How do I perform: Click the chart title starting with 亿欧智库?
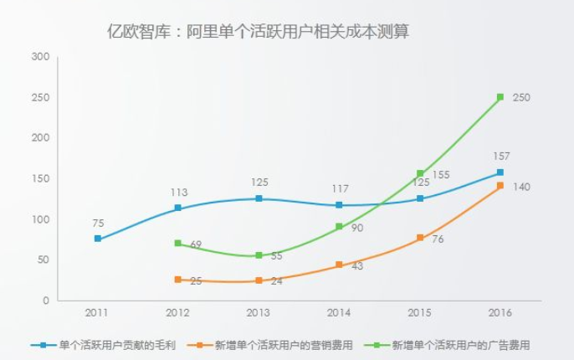click(x=258, y=32)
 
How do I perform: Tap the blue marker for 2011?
click(x=98, y=239)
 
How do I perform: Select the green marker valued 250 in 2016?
click(x=500, y=97)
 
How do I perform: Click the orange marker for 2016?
click(x=500, y=186)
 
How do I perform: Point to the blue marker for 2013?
click(x=259, y=198)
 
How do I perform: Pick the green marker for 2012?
click(x=178, y=244)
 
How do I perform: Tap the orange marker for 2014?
click(x=339, y=265)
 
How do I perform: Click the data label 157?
click(x=501, y=156)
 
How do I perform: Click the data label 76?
click(x=437, y=240)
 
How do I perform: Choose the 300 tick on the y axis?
click(x=41, y=57)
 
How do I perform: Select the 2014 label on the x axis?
click(x=339, y=312)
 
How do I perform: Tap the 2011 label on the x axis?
click(x=98, y=312)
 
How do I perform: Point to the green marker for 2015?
click(x=420, y=174)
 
